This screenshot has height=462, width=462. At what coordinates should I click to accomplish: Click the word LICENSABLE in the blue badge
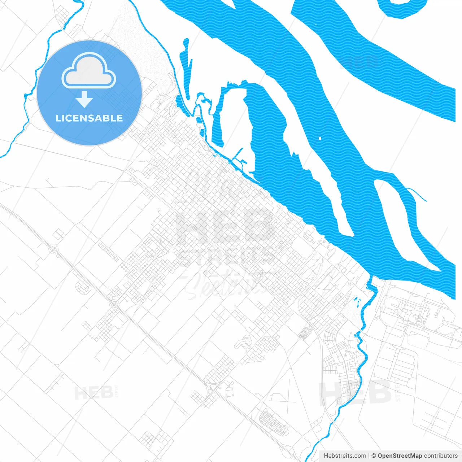(x=89, y=118)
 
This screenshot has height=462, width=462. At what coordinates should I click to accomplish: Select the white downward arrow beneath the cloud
(x=84, y=99)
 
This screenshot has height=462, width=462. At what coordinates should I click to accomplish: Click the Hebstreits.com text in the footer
(x=345, y=456)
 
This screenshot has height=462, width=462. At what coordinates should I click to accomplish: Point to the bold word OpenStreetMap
(x=400, y=456)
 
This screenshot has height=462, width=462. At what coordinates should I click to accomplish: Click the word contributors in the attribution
(x=440, y=456)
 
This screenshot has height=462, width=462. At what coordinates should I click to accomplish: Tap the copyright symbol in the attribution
(x=374, y=456)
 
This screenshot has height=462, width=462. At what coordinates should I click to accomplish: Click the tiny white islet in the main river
(x=320, y=138)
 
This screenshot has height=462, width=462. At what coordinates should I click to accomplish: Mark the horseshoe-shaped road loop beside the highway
(x=83, y=287)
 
